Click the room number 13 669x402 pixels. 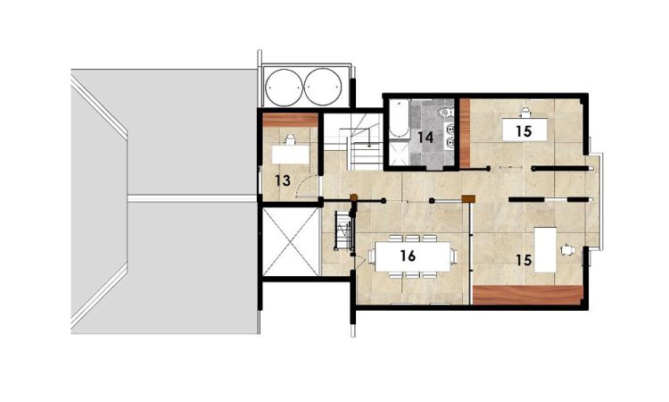pyautogui.click(x=283, y=180)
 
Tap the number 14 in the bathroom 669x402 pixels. pyautogui.click(x=425, y=138)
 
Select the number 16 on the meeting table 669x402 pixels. pyautogui.click(x=408, y=255)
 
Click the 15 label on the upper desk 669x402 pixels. pyautogui.click(x=524, y=131)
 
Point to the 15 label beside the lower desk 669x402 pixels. pyautogui.click(x=524, y=260)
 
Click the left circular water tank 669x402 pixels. pyautogui.click(x=284, y=88)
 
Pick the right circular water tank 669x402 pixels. pyautogui.click(x=324, y=88)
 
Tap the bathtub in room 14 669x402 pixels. pyautogui.click(x=400, y=119)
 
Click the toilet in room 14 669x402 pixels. pyautogui.click(x=445, y=113)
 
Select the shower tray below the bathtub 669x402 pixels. pyautogui.click(x=400, y=153)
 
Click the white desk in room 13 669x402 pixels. pyautogui.click(x=291, y=155)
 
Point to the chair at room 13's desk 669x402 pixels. pyautogui.click(x=291, y=139)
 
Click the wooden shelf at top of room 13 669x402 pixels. pyautogui.click(x=290, y=120)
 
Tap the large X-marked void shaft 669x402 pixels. pyautogui.click(x=291, y=242)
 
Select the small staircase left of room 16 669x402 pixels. pyautogui.click(x=343, y=230)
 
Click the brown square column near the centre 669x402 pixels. pyautogui.click(x=468, y=198)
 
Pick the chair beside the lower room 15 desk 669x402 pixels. pyautogui.click(x=568, y=249)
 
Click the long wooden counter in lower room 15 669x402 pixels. pyautogui.click(x=528, y=295)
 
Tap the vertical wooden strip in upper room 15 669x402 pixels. pyautogui.click(x=465, y=133)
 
